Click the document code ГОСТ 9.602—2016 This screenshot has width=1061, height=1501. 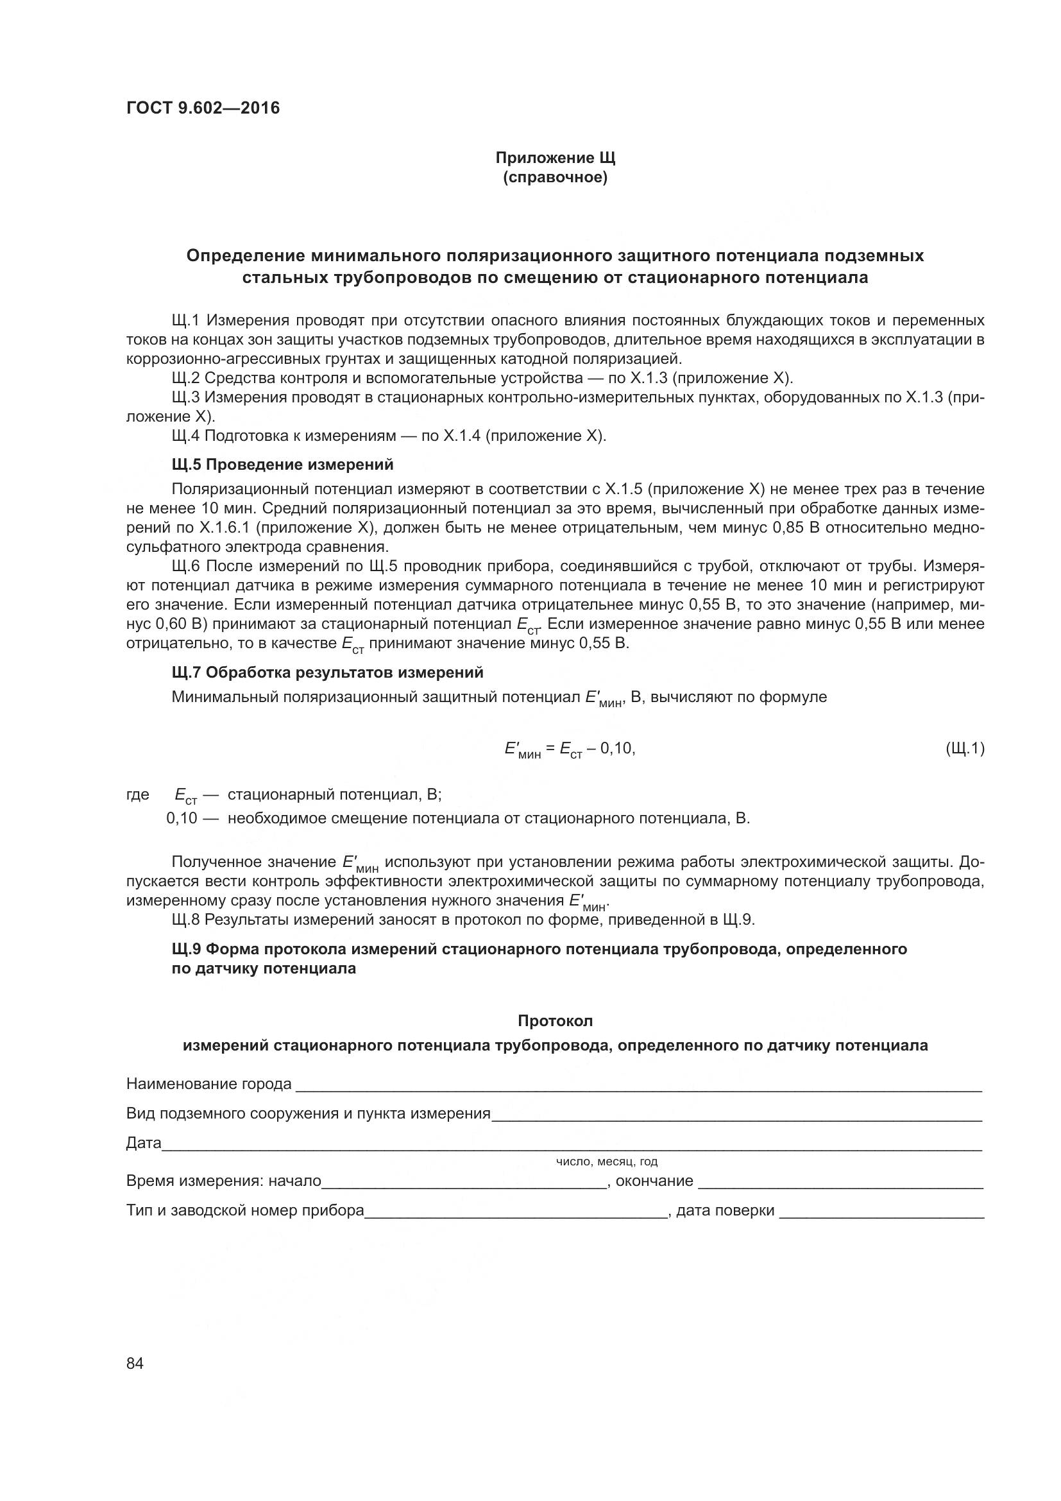(203, 108)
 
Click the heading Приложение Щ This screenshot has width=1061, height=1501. (555, 159)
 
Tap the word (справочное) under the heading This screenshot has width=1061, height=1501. (555, 178)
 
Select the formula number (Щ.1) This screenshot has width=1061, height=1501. (965, 748)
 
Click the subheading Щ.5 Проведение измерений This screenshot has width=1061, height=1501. (282, 465)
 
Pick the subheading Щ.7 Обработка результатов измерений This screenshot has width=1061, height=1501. (327, 672)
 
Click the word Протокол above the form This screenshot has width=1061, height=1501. (555, 1020)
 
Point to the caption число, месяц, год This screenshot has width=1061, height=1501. (606, 1162)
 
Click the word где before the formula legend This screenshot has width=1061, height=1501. (137, 795)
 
